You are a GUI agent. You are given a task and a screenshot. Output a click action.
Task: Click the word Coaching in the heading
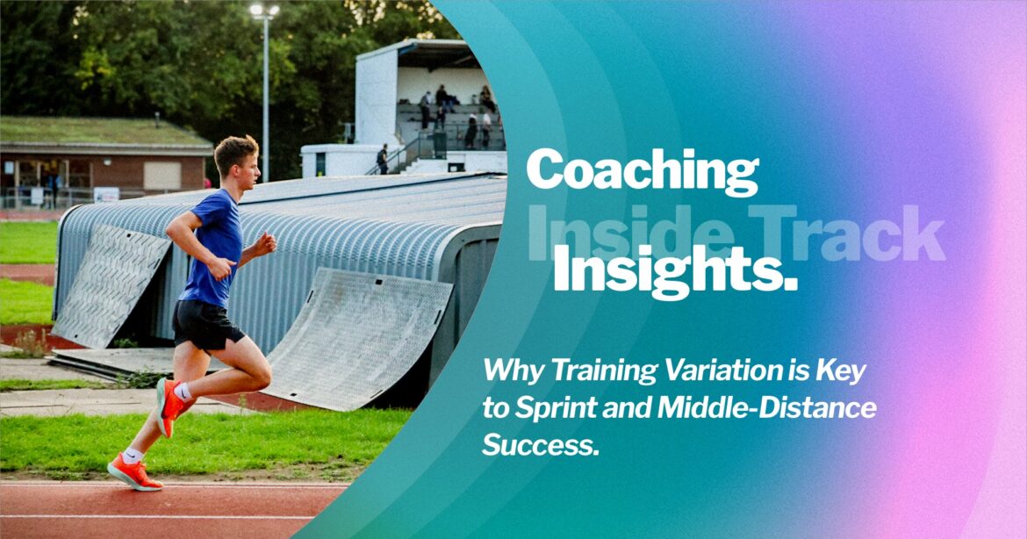click(x=642, y=171)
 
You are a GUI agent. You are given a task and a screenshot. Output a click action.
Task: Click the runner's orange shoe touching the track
click(x=133, y=471)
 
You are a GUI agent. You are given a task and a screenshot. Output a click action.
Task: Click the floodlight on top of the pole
click(x=263, y=11)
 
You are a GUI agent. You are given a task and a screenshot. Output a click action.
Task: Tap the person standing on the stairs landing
click(x=383, y=159)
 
